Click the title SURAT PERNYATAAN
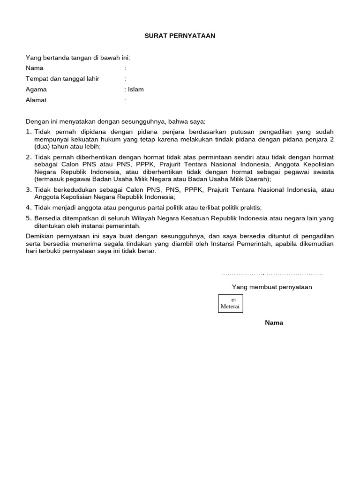pyautogui.click(x=180, y=36)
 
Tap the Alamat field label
pyautogui.click(x=36, y=100)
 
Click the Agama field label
pyautogui.click(x=36, y=90)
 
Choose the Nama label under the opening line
pyautogui.click(x=35, y=68)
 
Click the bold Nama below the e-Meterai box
pyautogui.click(x=274, y=322)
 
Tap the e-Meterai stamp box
pyautogui.click(x=231, y=303)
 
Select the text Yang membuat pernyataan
pyautogui.click(x=272, y=287)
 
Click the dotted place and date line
pyautogui.click(x=272, y=273)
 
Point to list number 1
pyautogui.click(x=29, y=133)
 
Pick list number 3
pyautogui.click(x=29, y=190)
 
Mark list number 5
pyautogui.click(x=29, y=218)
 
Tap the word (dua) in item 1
pyautogui.click(x=42, y=147)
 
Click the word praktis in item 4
pyautogui.click(x=249, y=207)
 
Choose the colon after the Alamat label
pyautogui.click(x=125, y=100)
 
